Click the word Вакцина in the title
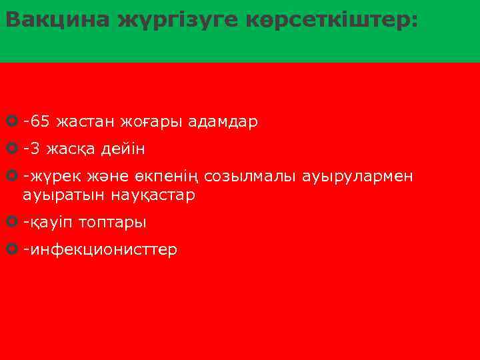(x=57, y=20)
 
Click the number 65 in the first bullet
(x=39, y=122)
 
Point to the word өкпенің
(x=172, y=177)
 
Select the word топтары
(x=113, y=222)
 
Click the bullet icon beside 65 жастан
(x=11, y=122)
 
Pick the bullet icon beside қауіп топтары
(x=11, y=221)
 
